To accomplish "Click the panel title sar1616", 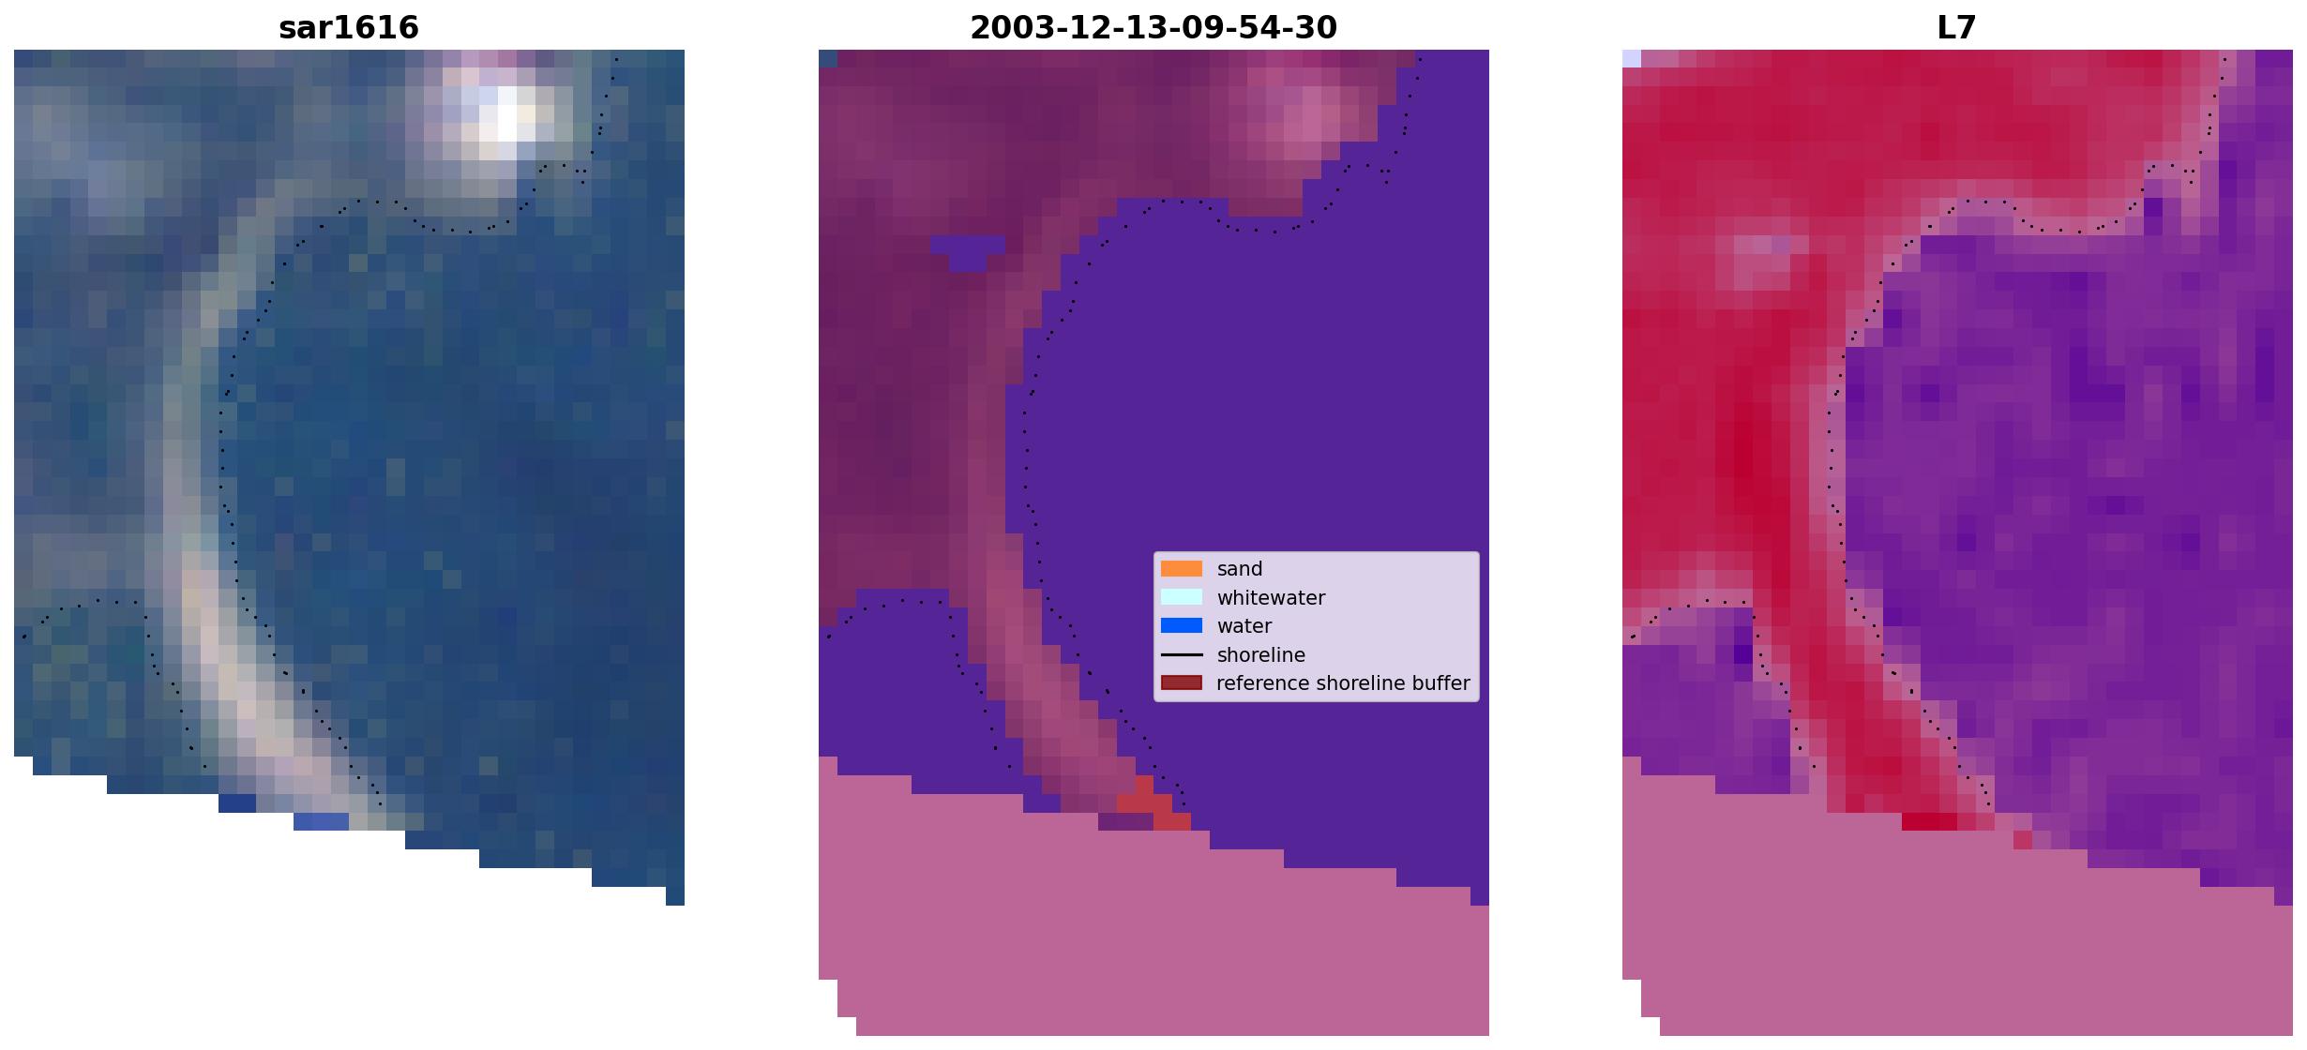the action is click(349, 27).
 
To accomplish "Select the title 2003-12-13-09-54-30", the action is click(1153, 27).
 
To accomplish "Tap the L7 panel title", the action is click(1957, 27).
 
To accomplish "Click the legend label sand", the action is click(1240, 569).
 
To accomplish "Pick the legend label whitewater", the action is click(1271, 597).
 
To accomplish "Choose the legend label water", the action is click(1244, 626).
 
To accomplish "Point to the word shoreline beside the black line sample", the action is click(1261, 654).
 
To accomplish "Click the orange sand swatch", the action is click(1182, 569).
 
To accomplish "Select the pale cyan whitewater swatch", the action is click(1182, 597).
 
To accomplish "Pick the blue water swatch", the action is click(1182, 626).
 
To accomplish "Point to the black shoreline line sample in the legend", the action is click(1182, 654).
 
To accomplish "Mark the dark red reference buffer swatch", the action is click(1182, 683).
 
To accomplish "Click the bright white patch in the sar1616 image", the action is click(507, 117).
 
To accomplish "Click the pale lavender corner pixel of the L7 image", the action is click(1632, 58).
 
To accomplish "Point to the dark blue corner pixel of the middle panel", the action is click(828, 58).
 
